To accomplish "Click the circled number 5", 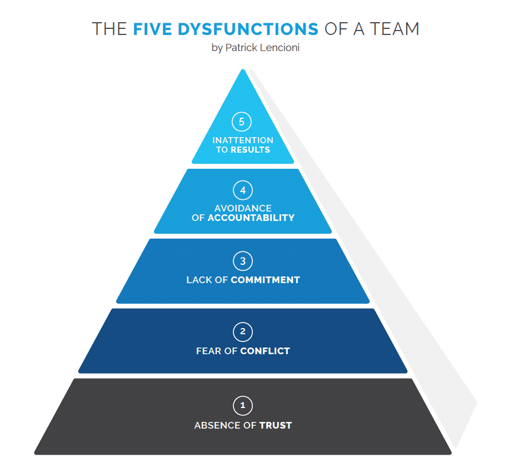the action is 242,122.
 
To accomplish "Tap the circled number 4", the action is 243,190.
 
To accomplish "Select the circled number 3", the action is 243,261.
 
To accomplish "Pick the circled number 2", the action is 243,331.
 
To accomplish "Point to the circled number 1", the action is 243,405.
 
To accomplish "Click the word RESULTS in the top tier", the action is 250,149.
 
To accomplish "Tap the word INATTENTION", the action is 243,140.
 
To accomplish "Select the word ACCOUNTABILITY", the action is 251,218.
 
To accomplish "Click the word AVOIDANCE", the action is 243,208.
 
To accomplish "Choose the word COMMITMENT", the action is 265,280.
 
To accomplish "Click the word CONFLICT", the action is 265,351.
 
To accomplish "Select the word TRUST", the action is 276,425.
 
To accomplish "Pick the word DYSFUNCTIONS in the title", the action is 248,29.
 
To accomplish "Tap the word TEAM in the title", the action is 395,29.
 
